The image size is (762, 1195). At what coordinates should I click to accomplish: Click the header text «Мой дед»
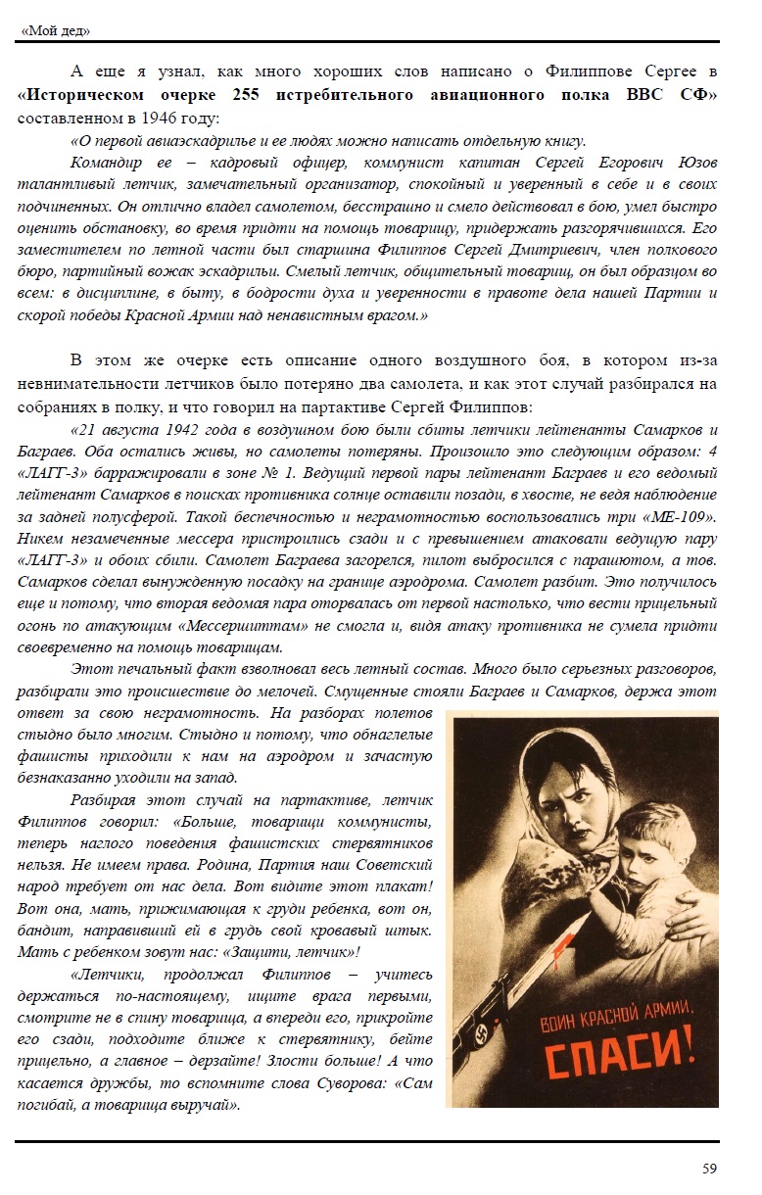(x=56, y=30)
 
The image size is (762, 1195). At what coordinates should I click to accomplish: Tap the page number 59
(x=710, y=1168)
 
